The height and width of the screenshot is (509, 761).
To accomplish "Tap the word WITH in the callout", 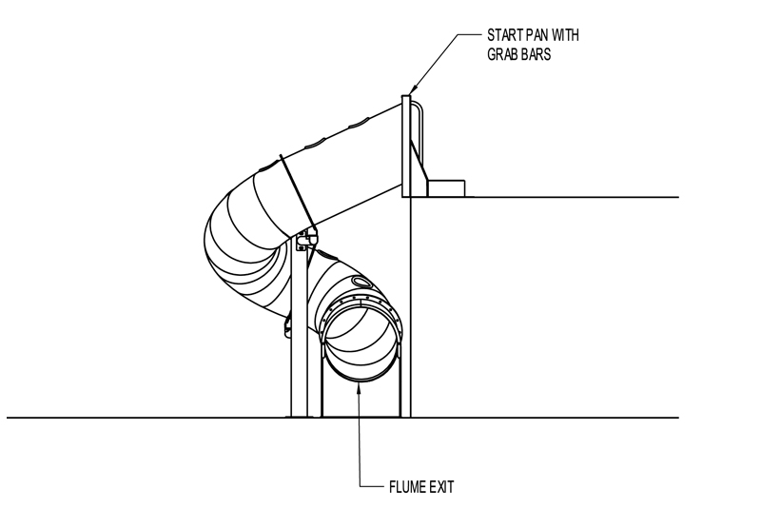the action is (565, 35).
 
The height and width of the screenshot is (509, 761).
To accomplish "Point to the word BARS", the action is (536, 54).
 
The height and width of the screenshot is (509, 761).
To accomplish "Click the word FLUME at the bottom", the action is (407, 487).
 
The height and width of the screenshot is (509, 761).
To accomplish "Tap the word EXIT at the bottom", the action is (441, 487).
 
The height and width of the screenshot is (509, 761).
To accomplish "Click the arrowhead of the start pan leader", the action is (412, 90).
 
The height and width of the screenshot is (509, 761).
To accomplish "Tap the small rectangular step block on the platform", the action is (445, 188).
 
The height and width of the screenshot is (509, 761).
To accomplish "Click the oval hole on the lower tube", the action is (360, 281).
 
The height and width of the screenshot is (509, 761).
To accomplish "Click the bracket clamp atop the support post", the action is (305, 240).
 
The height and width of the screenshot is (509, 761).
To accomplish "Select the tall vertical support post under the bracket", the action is (299, 330).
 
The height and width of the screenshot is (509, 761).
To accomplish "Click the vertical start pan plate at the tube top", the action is (406, 147).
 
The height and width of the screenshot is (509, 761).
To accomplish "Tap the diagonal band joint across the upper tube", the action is (298, 193).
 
